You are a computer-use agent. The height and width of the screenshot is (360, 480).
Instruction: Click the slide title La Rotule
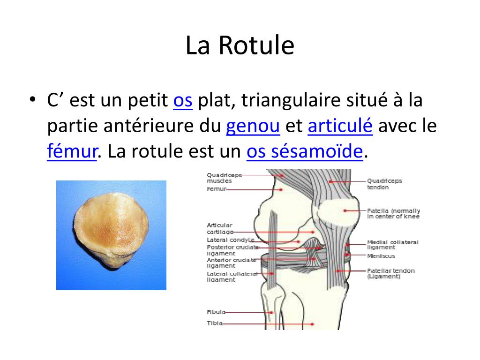240,46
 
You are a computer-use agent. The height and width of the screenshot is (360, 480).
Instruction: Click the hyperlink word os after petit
183,101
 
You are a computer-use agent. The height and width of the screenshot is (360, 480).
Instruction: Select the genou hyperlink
253,126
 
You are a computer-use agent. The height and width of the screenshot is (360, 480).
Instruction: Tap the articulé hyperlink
340,126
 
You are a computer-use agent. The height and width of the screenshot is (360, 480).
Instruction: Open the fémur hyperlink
72,151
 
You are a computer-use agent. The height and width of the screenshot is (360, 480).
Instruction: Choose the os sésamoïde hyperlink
305,151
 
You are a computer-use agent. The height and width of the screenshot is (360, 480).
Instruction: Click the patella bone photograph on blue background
111,235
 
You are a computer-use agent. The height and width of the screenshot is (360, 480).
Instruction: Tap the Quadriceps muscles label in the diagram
224,178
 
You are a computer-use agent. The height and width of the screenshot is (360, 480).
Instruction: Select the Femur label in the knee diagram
216,189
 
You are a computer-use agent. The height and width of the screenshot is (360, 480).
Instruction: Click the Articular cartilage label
219,228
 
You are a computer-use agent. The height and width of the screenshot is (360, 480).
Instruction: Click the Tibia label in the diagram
214,323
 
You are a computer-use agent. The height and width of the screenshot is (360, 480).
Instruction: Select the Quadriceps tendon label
384,184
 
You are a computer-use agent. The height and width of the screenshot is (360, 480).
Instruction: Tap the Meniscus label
381,256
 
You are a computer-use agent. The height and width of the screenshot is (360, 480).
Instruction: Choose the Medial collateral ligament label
392,245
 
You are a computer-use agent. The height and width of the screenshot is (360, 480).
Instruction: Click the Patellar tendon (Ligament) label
390,273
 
